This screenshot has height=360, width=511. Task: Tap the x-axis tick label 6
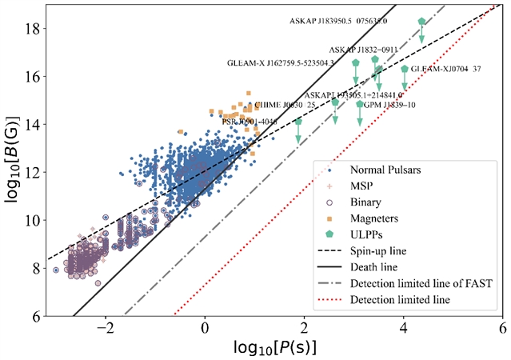(502, 328)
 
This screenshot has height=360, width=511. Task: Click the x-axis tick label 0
(204, 328)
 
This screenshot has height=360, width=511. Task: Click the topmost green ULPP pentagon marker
(421, 22)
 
